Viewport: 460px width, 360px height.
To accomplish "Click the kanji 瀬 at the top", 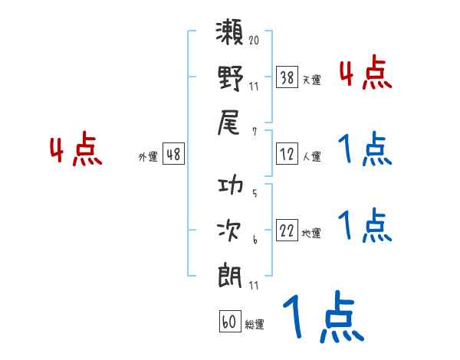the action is pos(231,35).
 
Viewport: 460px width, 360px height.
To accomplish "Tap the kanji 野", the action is pos(231,79).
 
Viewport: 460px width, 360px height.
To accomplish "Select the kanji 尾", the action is pos(231,123).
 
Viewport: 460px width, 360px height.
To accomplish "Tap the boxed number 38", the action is pos(286,77).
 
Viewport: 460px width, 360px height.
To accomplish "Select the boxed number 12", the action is pos(286,155).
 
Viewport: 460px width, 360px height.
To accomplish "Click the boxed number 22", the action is pos(286,232).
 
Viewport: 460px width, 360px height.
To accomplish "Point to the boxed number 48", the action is pos(173,155).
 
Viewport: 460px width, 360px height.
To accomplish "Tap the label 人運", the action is pos(311,157).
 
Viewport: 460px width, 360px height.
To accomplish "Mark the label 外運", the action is pos(148,157).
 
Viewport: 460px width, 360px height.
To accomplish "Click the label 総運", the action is pos(255,325).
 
